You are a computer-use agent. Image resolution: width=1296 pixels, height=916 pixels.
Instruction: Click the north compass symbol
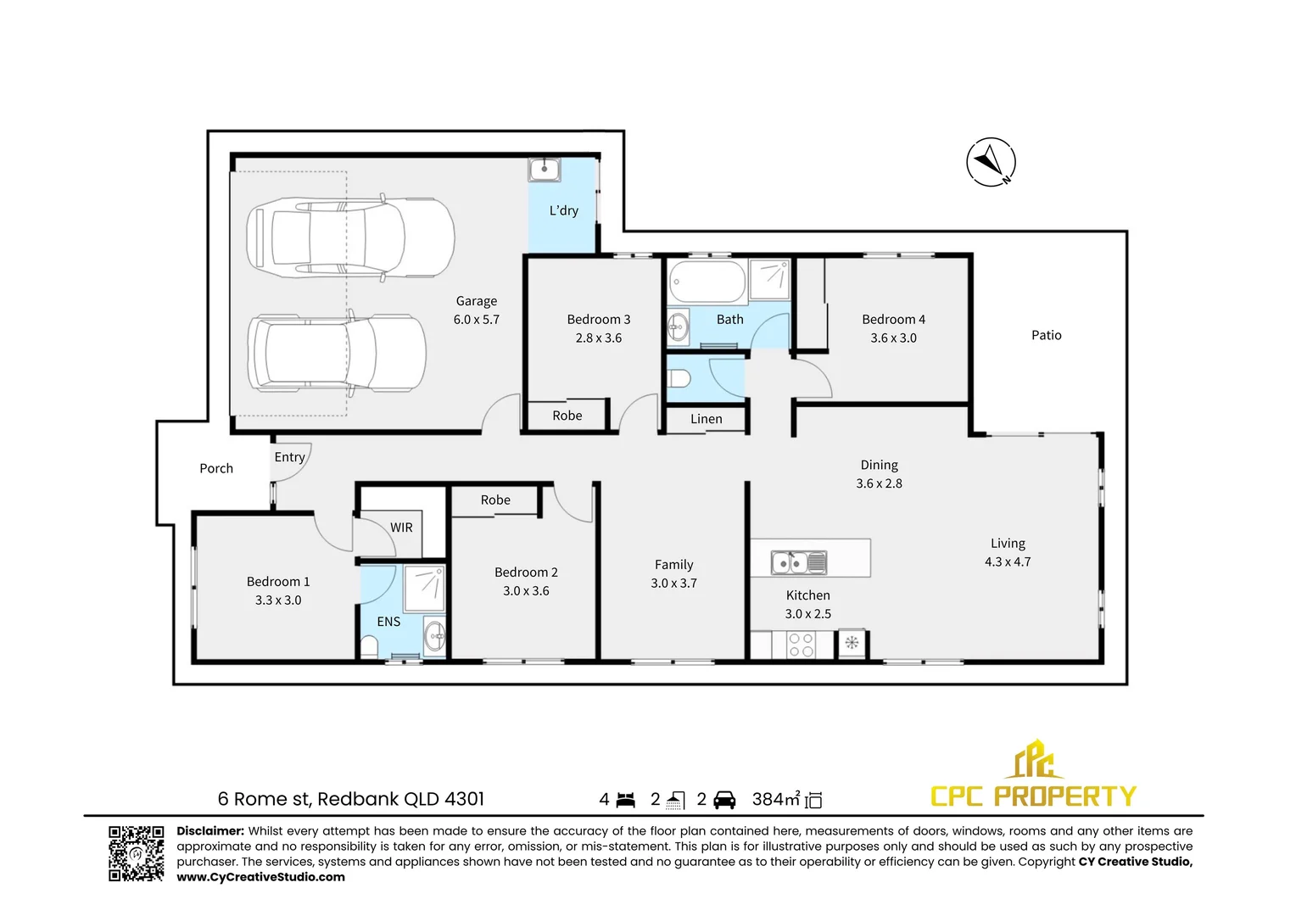click(x=991, y=162)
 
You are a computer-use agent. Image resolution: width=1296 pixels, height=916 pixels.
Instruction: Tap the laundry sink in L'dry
click(x=544, y=170)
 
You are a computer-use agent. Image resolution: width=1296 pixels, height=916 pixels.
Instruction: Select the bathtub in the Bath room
click(x=707, y=281)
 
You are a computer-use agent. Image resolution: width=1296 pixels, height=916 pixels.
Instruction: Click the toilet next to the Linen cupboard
click(x=679, y=378)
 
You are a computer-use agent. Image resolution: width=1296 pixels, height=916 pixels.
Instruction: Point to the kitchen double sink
click(x=798, y=562)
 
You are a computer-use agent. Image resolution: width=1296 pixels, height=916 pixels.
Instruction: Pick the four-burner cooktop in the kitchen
click(x=802, y=645)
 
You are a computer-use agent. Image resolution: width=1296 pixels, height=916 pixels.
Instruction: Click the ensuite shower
click(x=424, y=589)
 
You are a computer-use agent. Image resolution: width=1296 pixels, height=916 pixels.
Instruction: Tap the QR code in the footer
click(x=136, y=853)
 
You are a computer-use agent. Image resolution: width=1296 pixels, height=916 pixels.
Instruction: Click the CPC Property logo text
click(x=1033, y=796)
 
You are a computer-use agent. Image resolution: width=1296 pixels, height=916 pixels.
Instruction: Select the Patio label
click(x=1046, y=335)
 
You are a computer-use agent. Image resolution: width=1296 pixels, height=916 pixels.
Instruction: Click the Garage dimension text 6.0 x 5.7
click(x=476, y=320)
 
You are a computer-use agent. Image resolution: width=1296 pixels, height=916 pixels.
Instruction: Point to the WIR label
click(x=401, y=528)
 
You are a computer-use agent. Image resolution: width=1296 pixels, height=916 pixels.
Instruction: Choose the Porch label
click(x=216, y=468)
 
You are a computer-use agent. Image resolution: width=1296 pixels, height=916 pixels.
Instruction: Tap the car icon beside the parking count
click(x=724, y=800)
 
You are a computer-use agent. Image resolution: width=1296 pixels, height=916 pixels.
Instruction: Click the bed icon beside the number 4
click(x=626, y=800)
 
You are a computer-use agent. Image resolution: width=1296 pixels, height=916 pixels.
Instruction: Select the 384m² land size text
click(x=776, y=799)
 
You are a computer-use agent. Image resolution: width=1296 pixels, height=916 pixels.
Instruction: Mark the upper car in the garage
click(x=349, y=237)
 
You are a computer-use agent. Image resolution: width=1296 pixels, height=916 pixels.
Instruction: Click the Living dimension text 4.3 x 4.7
click(x=1008, y=561)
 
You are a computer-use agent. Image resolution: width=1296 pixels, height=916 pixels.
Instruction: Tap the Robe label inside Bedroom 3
click(x=567, y=416)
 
